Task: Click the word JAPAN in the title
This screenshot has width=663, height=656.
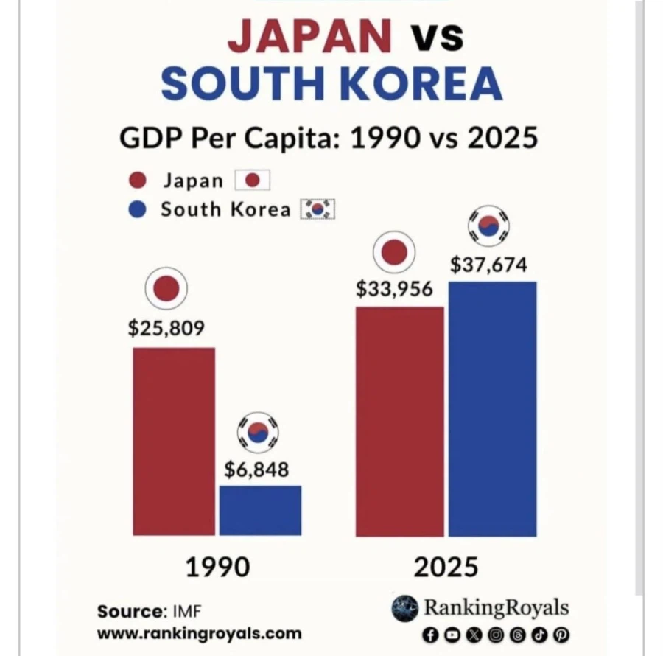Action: tap(310, 37)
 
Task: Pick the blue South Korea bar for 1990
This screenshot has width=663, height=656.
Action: tap(260, 509)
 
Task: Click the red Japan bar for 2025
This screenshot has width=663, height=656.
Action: tap(399, 421)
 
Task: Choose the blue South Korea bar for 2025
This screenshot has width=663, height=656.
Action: tap(491, 408)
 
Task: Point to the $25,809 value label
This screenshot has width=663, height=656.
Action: tap(166, 327)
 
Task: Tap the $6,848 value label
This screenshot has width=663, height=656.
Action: tap(256, 469)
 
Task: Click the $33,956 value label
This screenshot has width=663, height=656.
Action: tap(395, 288)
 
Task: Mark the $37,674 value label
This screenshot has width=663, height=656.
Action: tap(488, 264)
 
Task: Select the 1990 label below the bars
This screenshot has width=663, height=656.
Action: tap(217, 567)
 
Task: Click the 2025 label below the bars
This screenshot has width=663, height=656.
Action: tap(446, 567)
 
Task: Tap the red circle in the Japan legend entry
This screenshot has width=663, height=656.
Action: tap(139, 181)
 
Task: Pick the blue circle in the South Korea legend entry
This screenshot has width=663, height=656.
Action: tap(138, 209)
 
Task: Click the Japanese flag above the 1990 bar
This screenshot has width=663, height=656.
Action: tap(166, 288)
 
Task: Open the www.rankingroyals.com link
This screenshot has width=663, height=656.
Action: tap(199, 632)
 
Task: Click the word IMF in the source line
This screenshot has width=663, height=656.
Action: tap(189, 611)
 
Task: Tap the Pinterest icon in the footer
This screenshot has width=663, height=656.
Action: tap(562, 634)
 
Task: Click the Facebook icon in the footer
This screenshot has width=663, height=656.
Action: tap(431, 634)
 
